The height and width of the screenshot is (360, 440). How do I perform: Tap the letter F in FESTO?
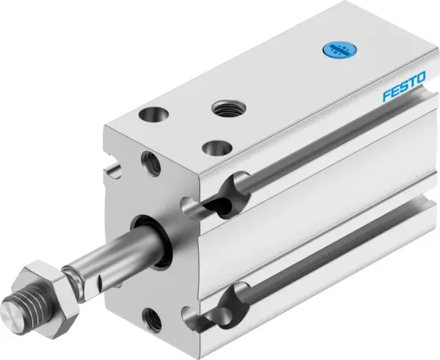coord(386,99)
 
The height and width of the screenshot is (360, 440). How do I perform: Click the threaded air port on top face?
coord(224,109)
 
